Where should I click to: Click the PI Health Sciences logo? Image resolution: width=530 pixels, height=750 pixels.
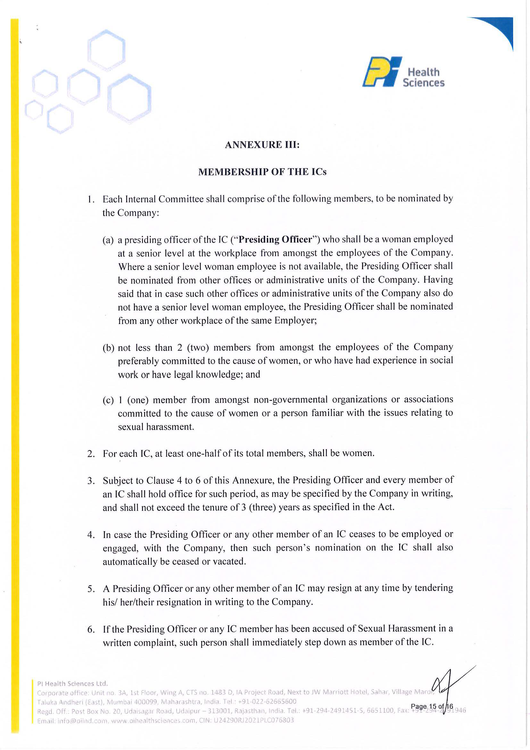403,72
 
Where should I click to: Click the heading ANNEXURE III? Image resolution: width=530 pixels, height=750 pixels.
262,145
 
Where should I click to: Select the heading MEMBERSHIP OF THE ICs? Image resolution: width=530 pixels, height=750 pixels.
262,172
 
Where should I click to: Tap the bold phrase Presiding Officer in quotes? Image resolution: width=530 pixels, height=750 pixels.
275,239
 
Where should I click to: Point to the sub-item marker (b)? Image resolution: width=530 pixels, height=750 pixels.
108,348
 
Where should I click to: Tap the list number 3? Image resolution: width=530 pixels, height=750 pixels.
91,480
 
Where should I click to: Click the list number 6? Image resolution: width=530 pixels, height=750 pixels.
91,629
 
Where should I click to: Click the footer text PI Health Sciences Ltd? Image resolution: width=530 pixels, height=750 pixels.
72,683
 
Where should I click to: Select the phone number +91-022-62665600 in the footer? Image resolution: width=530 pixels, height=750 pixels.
267,702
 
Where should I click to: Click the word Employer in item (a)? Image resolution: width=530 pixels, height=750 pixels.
295,321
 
